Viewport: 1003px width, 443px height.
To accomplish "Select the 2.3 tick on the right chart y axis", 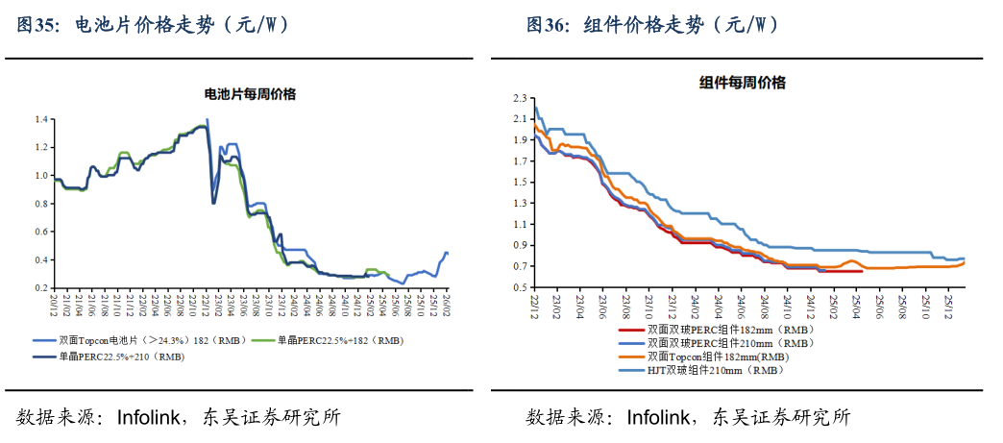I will click(x=521, y=98).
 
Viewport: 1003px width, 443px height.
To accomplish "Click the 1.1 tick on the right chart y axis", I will click(x=521, y=224).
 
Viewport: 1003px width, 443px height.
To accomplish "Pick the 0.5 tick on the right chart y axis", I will click(x=521, y=287).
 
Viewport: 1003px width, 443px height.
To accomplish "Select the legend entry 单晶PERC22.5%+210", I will click(x=121, y=356).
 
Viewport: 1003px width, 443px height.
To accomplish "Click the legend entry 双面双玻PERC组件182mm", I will click(x=729, y=330).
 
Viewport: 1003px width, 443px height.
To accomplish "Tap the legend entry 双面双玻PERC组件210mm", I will click(x=729, y=343).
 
